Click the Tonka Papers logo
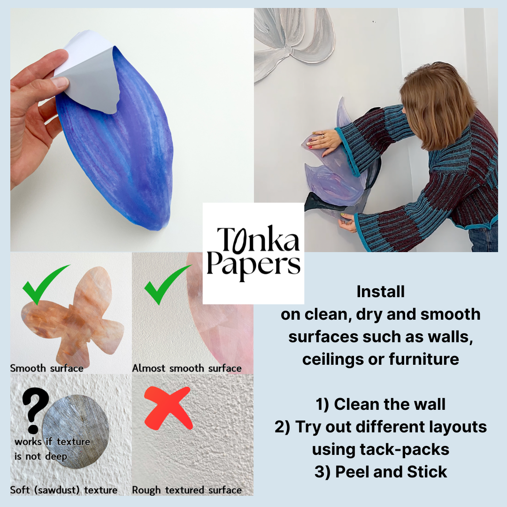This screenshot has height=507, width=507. pos(253,253)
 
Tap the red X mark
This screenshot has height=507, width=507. pos(168,408)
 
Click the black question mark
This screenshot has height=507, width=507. pos(35,410)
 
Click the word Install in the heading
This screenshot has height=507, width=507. pos(381,292)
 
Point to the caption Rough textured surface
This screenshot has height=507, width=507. pos(186,490)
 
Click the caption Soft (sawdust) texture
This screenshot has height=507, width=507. pos(64,490)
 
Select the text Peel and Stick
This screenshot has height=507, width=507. pos(391,472)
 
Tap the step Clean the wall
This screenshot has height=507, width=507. pos(390,404)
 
